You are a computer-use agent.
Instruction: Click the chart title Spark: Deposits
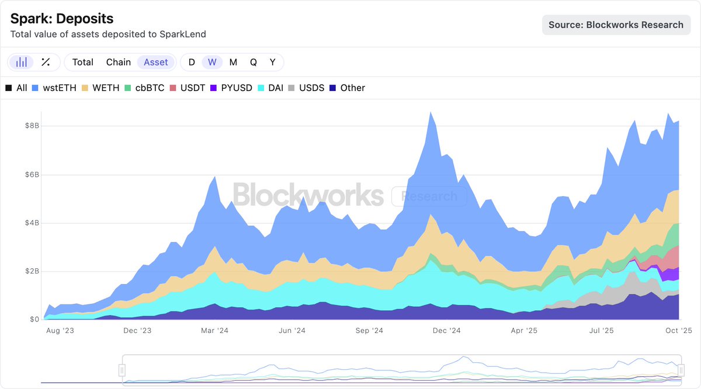[62, 19]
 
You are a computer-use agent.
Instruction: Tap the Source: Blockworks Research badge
[616, 25]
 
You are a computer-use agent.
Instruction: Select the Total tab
[82, 62]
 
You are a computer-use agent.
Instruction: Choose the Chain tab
[119, 62]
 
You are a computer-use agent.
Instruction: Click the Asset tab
[156, 62]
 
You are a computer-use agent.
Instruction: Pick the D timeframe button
[192, 62]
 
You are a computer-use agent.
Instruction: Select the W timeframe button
[212, 62]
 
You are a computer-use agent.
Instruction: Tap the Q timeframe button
[253, 62]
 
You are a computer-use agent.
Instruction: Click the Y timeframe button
[272, 62]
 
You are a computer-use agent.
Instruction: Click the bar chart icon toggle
[22, 62]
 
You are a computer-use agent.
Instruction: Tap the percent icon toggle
[46, 62]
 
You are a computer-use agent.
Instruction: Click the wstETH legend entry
[54, 88]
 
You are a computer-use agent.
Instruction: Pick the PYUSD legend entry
[231, 88]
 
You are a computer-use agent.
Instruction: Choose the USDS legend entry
[306, 88]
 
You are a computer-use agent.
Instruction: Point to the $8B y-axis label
[31, 126]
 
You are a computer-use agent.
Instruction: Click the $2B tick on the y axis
[31, 271]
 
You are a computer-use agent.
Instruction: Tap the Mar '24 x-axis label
[215, 331]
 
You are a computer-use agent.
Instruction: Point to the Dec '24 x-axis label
[447, 331]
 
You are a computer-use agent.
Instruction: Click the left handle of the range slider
[122, 370]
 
